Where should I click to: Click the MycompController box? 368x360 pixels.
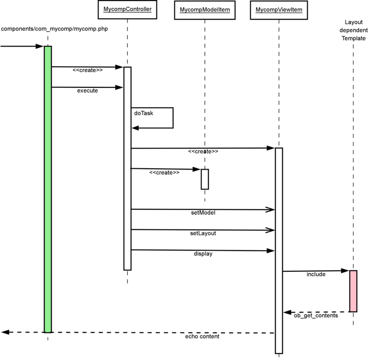click(127, 9)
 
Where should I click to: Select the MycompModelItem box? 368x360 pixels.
click(204, 9)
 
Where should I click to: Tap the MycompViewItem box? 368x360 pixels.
click(279, 9)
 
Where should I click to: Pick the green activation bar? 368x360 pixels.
click(47, 189)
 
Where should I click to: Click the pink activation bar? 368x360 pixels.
click(353, 291)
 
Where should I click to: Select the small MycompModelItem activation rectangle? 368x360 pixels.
click(205, 179)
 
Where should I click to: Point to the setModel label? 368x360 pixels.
click(203, 213)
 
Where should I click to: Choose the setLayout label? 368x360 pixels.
click(203, 233)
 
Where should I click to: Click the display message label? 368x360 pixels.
click(203, 253)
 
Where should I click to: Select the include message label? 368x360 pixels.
click(316, 274)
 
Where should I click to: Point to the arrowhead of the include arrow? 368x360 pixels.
click(346, 271)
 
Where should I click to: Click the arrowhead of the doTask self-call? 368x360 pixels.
click(135, 128)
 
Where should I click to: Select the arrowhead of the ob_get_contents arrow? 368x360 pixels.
click(286, 312)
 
